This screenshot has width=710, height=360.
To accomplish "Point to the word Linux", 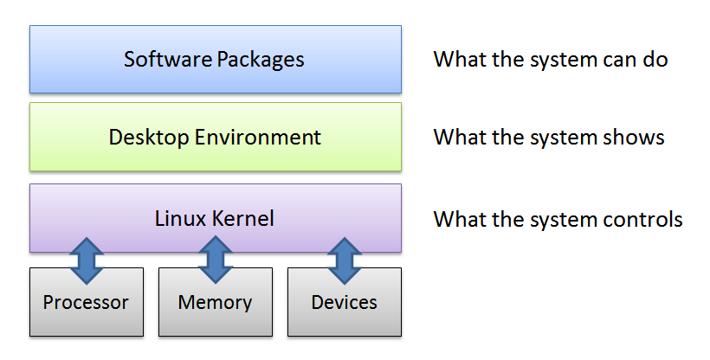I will point(179,218).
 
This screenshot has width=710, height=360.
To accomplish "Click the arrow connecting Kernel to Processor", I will point(86,260).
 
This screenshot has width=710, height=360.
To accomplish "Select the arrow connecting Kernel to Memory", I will point(215,260).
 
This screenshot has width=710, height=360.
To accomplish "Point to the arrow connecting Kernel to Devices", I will point(344,260).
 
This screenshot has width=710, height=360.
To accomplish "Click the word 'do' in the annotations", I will point(655,59).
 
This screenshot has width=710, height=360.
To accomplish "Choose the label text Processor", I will point(86,302).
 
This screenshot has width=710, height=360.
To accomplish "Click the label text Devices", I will point(344,302).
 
